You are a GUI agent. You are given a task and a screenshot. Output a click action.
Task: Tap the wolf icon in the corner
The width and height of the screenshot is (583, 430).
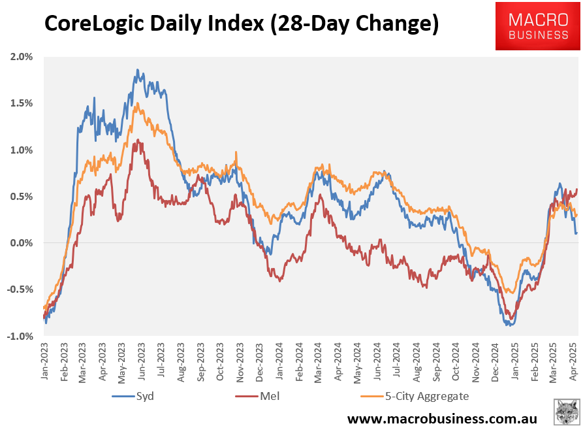(565, 413)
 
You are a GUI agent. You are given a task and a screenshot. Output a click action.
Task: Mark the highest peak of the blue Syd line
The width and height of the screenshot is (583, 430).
(137, 69)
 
